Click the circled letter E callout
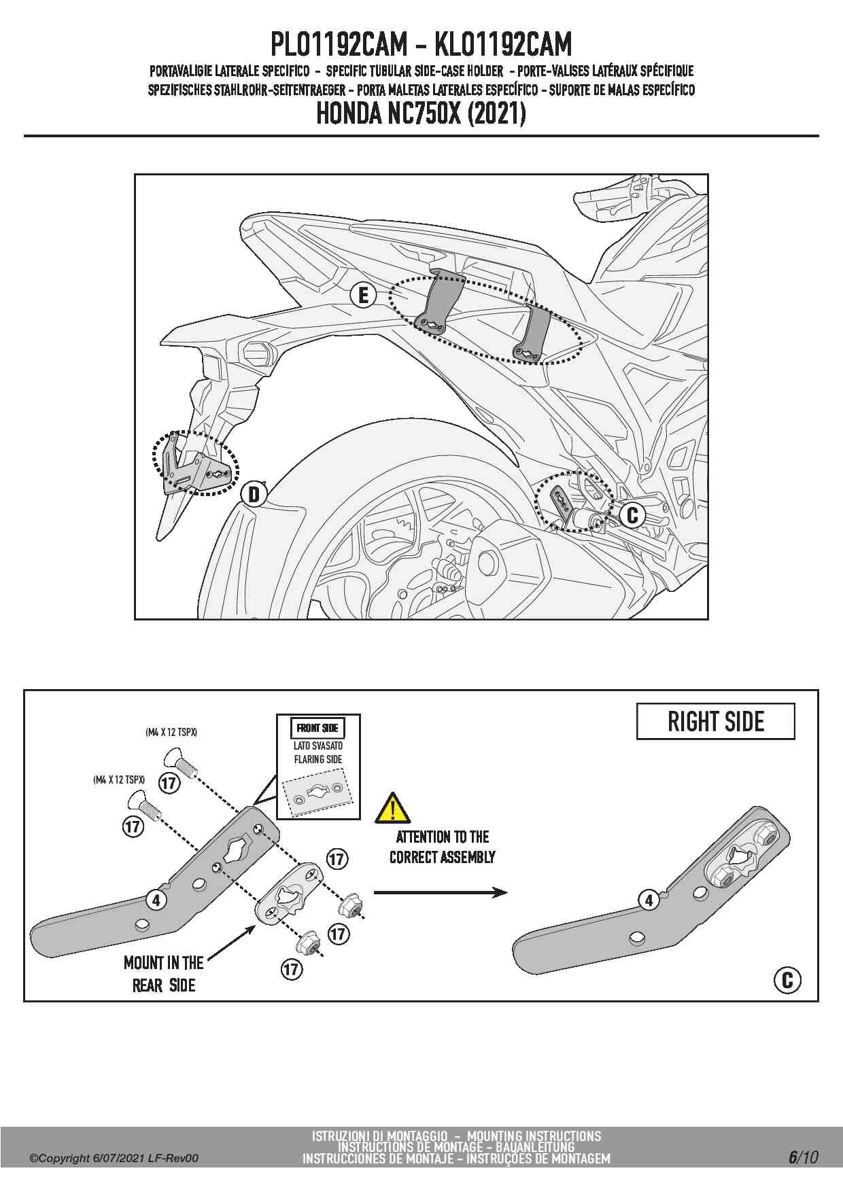[x=363, y=295]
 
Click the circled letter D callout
[x=254, y=494]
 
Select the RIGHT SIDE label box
[x=715, y=722]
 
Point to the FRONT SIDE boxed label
[x=317, y=728]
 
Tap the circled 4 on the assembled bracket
[x=649, y=900]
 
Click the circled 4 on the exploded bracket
[x=157, y=900]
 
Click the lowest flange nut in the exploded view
[x=307, y=944]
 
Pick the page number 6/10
[x=804, y=1157]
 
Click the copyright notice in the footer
[x=114, y=1158]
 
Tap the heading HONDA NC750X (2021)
[x=421, y=114]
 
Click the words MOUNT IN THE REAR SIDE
[x=164, y=973]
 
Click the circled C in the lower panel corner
[x=787, y=980]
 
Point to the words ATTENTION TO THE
[x=443, y=837]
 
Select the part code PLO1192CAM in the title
[x=339, y=45]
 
